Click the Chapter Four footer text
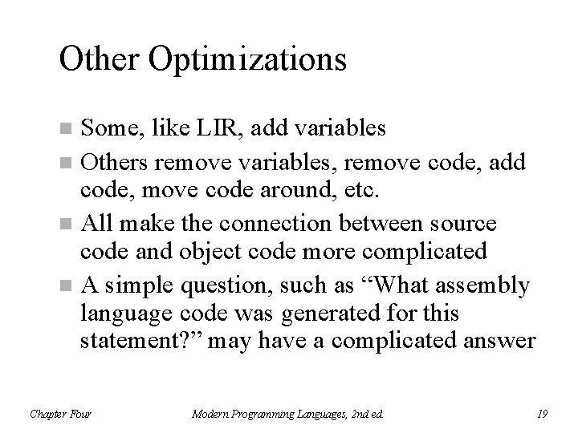point(61,413)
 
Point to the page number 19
point(541,413)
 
